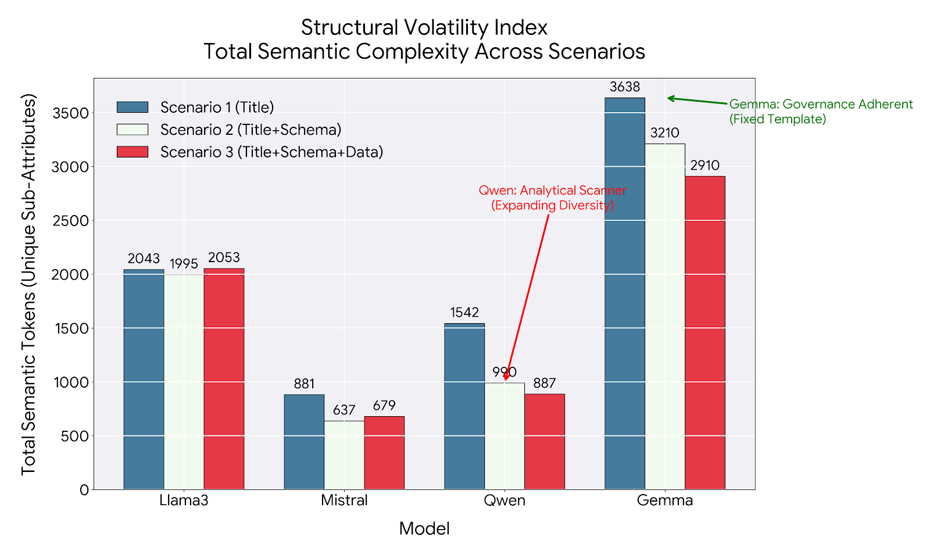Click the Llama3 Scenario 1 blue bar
pyautogui.click(x=144, y=379)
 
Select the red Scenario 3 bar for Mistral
pyautogui.click(x=384, y=453)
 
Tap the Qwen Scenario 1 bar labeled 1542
pyautogui.click(x=464, y=406)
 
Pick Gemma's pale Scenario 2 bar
pyautogui.click(x=665, y=316)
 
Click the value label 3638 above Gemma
pyautogui.click(x=625, y=87)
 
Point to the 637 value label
pyautogui.click(x=344, y=410)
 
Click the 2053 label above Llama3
pyautogui.click(x=224, y=257)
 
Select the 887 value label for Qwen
pyautogui.click(x=545, y=383)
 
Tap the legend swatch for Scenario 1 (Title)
pyautogui.click(x=133, y=107)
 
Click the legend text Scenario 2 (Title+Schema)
pyautogui.click(x=251, y=130)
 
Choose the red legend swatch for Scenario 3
pyautogui.click(x=133, y=152)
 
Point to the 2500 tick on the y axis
pyautogui.click(x=70, y=220)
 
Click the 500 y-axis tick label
pyautogui.click(x=75, y=436)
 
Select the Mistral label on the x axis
pyautogui.click(x=344, y=500)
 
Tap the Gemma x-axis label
pyautogui.click(x=665, y=500)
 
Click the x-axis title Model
pyautogui.click(x=424, y=528)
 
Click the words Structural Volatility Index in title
pyautogui.click(x=424, y=28)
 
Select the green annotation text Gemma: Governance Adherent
pyautogui.click(x=821, y=104)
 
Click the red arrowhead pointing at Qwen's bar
pyautogui.click(x=506, y=376)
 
